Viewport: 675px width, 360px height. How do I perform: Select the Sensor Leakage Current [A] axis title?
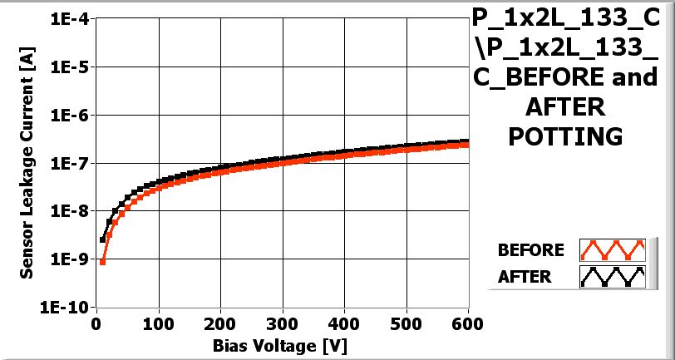27,161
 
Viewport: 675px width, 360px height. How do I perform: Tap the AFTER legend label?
525,277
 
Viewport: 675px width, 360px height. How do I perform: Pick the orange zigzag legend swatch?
613,250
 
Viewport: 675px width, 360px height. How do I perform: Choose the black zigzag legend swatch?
613,277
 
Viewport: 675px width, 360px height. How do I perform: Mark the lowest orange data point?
102,262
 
